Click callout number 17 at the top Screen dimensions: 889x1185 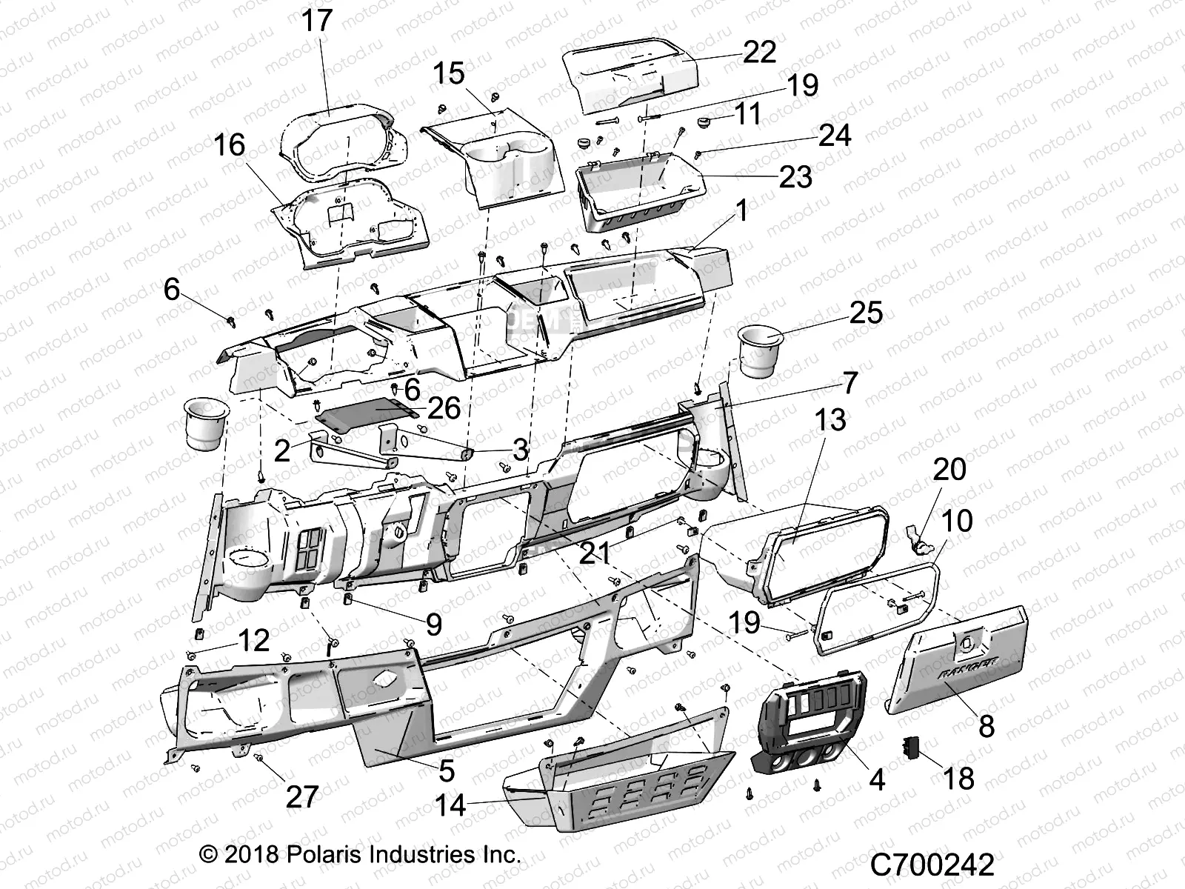coord(317,21)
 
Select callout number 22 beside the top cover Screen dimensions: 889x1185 coord(759,51)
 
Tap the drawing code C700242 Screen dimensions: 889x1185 coord(932,865)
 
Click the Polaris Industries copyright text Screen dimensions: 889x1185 coord(360,854)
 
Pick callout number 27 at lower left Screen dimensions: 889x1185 coord(301,797)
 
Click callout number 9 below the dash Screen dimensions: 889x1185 coord(433,624)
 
